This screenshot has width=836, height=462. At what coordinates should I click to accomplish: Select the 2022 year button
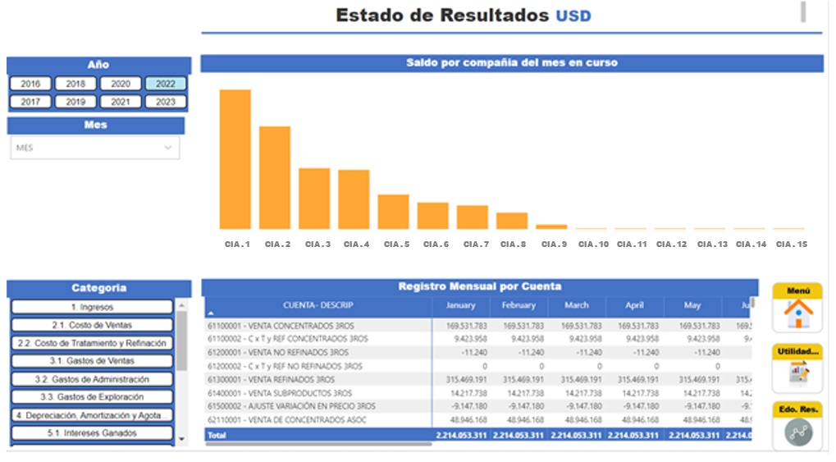[166, 84]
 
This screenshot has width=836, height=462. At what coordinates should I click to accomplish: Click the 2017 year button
[30, 102]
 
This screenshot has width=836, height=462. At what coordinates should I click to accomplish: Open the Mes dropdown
[94, 148]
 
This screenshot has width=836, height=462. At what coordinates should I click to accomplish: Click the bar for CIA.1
[235, 159]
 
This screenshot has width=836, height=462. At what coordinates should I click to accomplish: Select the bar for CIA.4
[354, 199]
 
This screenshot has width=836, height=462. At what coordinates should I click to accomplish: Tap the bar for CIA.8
[512, 220]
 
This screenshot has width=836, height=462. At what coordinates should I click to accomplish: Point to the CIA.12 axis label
[671, 245]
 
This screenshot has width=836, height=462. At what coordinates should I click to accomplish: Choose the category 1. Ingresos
[92, 307]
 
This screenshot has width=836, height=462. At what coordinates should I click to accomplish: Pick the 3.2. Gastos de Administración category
[92, 380]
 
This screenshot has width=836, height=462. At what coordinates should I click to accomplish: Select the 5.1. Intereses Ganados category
[92, 433]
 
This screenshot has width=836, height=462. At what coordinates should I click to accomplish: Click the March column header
[576, 305]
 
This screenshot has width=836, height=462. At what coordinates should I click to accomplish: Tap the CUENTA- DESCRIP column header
[317, 305]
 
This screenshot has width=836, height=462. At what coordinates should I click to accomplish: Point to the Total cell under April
[634, 435]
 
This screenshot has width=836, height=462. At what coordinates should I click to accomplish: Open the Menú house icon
[797, 313]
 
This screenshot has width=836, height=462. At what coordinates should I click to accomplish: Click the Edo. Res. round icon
[797, 432]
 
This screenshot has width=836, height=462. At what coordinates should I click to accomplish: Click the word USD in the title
[573, 16]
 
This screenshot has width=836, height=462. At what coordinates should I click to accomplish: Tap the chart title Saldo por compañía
[511, 62]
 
